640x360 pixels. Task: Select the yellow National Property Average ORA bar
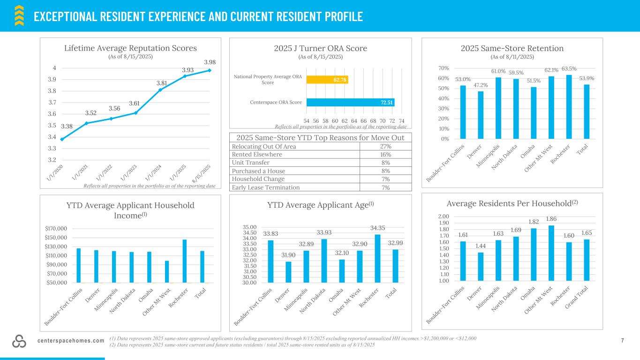point(327,80)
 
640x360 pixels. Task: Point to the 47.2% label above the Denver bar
point(481,85)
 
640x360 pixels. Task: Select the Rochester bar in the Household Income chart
point(184,261)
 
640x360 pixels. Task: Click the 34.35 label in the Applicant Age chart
point(377,228)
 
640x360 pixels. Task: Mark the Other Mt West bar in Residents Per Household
point(551,253)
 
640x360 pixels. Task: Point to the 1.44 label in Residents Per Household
point(481,246)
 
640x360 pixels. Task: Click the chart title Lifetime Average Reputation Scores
point(130,48)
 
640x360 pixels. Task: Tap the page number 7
point(623,341)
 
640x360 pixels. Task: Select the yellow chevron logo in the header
point(19,15)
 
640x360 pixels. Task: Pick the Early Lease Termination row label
point(266,187)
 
